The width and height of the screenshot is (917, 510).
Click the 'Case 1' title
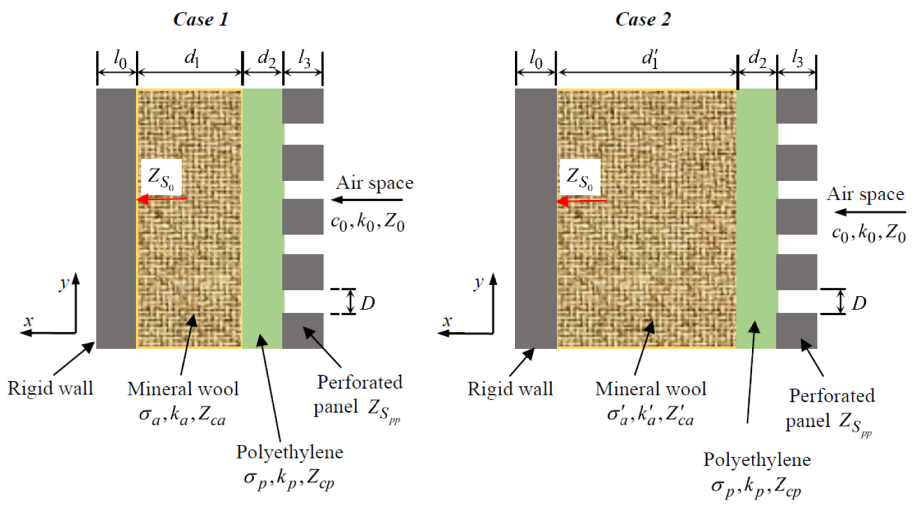pos(201,19)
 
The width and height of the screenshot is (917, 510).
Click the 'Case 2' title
pos(643,19)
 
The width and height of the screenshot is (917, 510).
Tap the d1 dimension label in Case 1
pos(192,59)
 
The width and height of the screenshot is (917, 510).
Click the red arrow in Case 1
pos(162,199)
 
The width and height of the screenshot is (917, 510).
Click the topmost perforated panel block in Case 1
pos(303,106)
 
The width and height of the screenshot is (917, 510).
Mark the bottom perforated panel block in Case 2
pos(797,330)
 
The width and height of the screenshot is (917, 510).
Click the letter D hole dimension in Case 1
pos(367,303)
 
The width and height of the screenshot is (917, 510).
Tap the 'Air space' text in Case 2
pos(865,195)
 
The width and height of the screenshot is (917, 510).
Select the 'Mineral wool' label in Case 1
pos(183,389)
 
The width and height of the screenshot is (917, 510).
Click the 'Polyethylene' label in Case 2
pos(757,460)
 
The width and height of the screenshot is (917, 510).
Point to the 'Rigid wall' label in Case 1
pos(50,388)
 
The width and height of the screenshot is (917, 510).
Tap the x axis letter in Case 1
pos(28,321)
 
